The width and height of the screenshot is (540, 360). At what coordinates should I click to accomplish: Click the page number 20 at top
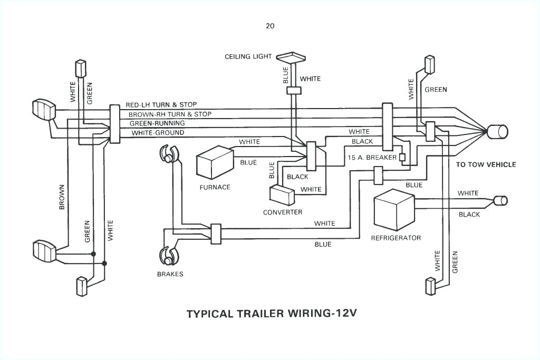click(270, 25)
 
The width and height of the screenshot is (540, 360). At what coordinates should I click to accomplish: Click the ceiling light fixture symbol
click(292, 57)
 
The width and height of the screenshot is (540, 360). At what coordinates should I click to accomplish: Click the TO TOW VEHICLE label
click(486, 164)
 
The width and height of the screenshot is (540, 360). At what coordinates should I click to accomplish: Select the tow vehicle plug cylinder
click(497, 131)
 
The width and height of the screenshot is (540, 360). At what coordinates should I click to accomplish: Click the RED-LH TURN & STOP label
click(165, 105)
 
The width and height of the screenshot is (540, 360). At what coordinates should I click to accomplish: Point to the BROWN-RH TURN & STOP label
click(169, 114)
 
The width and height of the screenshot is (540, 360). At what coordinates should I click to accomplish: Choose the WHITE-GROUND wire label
click(158, 133)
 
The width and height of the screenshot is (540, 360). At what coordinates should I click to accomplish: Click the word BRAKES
click(170, 274)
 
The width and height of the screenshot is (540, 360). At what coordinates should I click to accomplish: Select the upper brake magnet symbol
click(169, 155)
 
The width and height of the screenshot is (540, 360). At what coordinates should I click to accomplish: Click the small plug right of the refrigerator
click(500, 200)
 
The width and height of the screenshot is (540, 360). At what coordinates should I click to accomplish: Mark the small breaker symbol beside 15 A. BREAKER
click(402, 157)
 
